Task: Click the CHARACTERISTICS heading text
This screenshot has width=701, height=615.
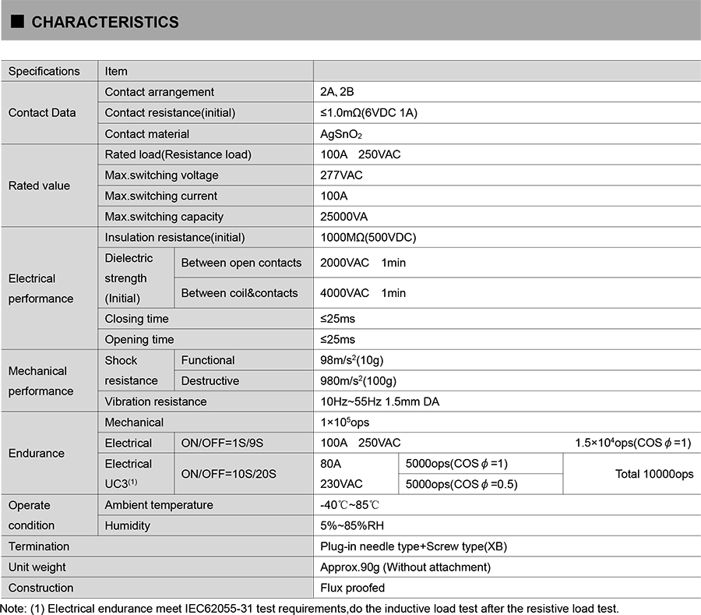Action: [105, 23]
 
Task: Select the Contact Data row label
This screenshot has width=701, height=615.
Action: [42, 113]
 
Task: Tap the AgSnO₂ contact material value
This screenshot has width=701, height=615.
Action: [342, 134]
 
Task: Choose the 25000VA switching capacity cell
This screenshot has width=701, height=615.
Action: [344, 217]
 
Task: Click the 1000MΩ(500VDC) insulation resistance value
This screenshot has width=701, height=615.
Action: [362, 238]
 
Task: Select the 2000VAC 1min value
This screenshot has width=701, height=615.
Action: [363, 263]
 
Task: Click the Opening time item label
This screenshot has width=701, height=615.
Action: [139, 340]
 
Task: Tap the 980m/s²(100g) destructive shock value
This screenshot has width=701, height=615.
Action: [358, 381]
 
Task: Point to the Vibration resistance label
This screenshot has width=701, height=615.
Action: [156, 402]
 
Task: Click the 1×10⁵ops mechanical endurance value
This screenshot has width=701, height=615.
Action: [345, 422]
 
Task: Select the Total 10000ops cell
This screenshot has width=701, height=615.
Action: [654, 474]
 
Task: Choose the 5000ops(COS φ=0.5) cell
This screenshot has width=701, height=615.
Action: [462, 485]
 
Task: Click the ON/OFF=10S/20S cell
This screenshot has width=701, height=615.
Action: [229, 474]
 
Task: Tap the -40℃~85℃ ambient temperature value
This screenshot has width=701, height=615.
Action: [350, 505]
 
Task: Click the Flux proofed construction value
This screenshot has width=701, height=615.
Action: [353, 588]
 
